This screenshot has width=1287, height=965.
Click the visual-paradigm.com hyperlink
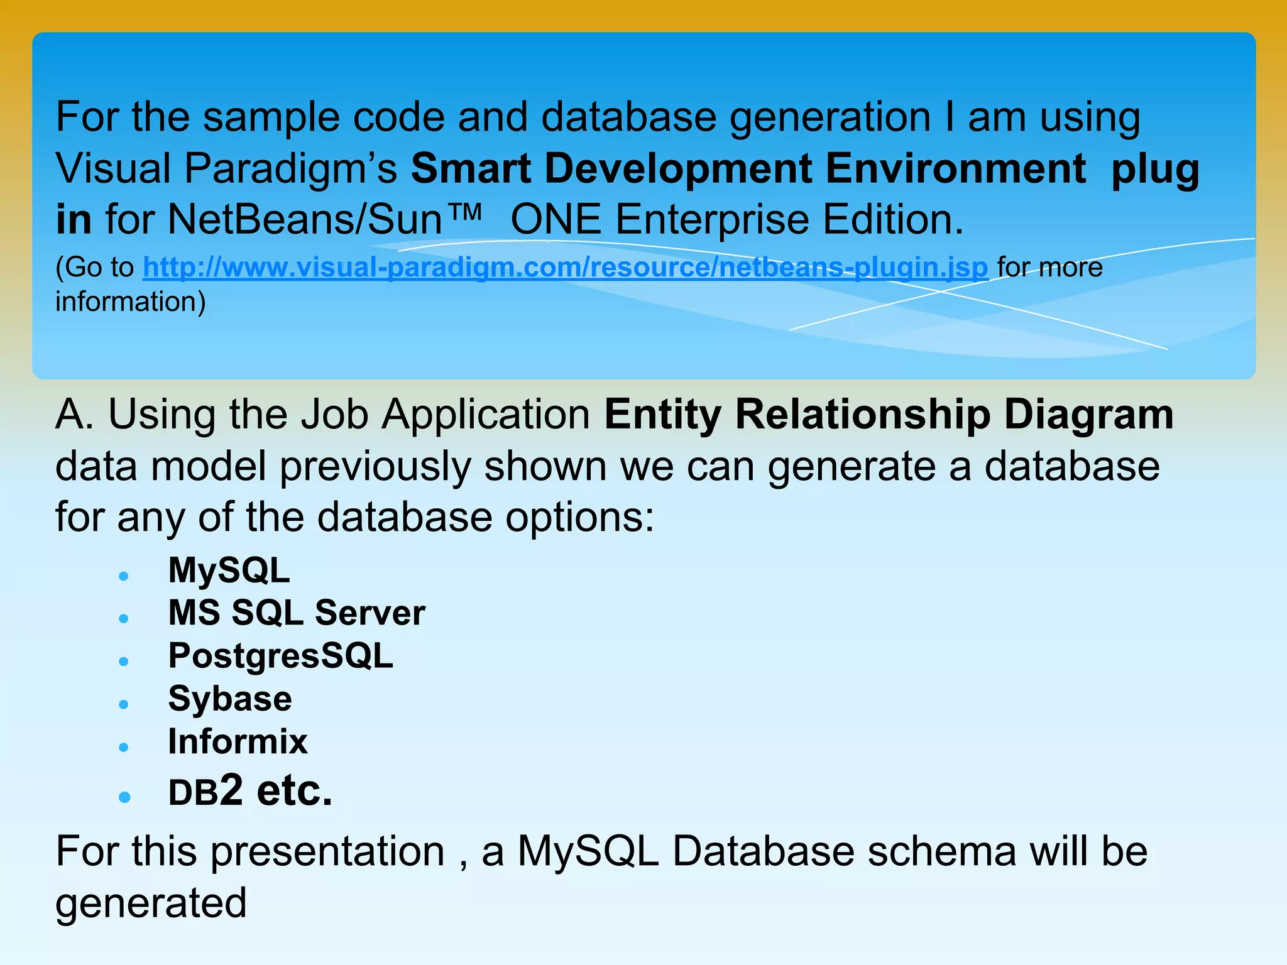click(566, 268)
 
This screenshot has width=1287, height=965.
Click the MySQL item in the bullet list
click(229, 571)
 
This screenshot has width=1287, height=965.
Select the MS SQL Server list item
click(297, 613)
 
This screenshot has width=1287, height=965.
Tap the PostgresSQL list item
click(280, 657)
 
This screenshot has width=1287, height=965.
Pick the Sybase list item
click(230, 699)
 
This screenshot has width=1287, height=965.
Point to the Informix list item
click(238, 742)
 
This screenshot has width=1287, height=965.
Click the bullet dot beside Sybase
click(124, 704)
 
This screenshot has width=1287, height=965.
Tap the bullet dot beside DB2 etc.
click(124, 797)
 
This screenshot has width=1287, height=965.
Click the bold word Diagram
click(1088, 415)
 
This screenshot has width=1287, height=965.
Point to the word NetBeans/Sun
click(305, 220)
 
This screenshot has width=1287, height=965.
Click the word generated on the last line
click(151, 904)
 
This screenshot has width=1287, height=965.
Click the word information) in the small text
click(131, 302)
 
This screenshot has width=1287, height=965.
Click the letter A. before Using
click(74, 415)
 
